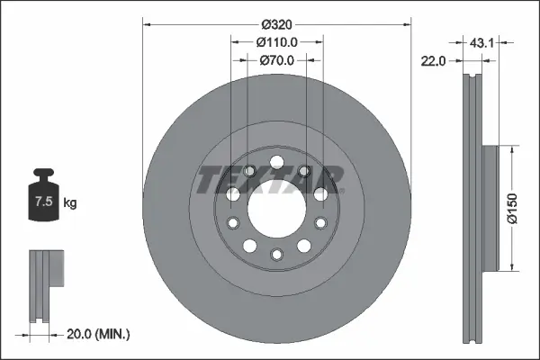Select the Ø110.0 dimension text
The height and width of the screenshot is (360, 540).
click(x=276, y=42)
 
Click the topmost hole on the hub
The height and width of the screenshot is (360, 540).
click(x=276, y=164)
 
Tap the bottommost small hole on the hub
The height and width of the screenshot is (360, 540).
click(x=276, y=256)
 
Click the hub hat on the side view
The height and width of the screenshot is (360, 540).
click(x=490, y=208)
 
